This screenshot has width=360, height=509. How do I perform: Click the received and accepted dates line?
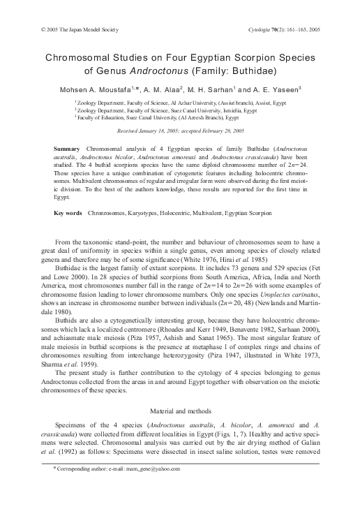point(181,131)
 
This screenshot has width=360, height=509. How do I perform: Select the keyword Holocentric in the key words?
point(179,212)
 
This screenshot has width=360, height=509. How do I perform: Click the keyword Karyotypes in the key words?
point(142,212)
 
